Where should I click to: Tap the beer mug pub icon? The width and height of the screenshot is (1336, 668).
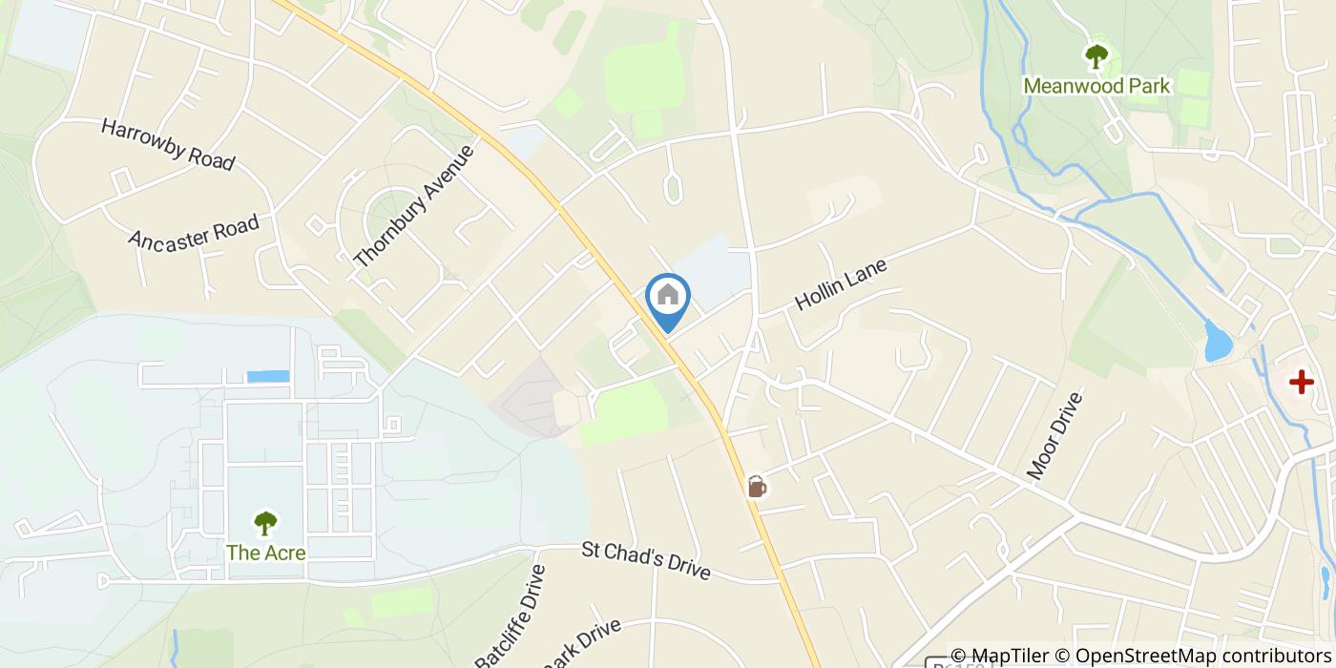point(757,487)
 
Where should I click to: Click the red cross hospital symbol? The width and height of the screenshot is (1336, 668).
point(1301,383)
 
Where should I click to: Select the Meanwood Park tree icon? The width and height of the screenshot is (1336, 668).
point(1096,56)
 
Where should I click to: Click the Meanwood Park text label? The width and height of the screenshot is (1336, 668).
point(1096,86)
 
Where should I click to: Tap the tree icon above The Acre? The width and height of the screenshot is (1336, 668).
point(265,523)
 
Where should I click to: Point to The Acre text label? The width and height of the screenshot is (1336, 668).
point(265,552)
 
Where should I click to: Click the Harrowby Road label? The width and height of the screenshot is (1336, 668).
point(168,145)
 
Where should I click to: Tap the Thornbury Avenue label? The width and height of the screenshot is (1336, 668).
point(413,206)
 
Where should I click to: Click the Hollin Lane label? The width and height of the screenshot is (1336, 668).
point(841,284)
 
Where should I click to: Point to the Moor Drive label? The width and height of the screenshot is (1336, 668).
point(1055,435)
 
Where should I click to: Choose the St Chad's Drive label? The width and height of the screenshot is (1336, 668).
point(646,560)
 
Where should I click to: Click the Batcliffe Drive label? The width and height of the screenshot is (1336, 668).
point(511,616)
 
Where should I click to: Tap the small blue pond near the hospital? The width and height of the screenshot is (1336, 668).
point(1218,341)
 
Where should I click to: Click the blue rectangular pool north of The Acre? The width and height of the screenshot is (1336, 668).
point(268,376)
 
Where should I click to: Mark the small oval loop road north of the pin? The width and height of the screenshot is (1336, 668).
point(673,188)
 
